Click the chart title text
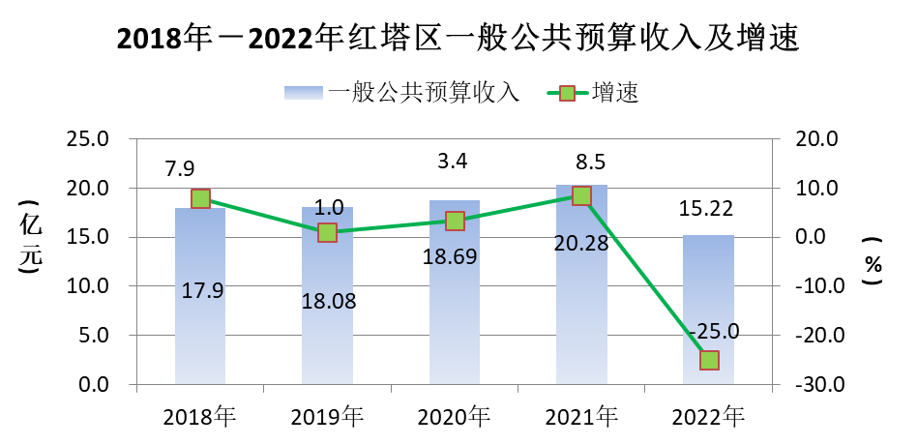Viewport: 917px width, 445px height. [458, 39]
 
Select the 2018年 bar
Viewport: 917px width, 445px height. [200, 319]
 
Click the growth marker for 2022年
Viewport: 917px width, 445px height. [709, 360]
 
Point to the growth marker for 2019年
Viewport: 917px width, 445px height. [327, 232]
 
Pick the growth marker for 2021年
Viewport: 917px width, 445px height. [581, 195]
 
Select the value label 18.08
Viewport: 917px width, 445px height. [329, 301]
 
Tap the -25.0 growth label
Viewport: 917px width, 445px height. [714, 332]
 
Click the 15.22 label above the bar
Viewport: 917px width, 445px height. [708, 209]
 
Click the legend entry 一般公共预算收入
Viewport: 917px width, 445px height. [404, 93]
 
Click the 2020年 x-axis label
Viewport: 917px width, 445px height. [454, 417]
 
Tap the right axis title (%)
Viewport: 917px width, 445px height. [873, 261]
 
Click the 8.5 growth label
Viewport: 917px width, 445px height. [582, 161]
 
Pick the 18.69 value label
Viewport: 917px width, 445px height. [455, 256]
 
